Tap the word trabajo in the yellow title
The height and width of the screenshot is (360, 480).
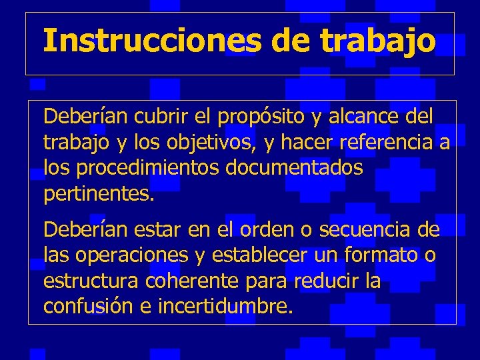378,41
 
